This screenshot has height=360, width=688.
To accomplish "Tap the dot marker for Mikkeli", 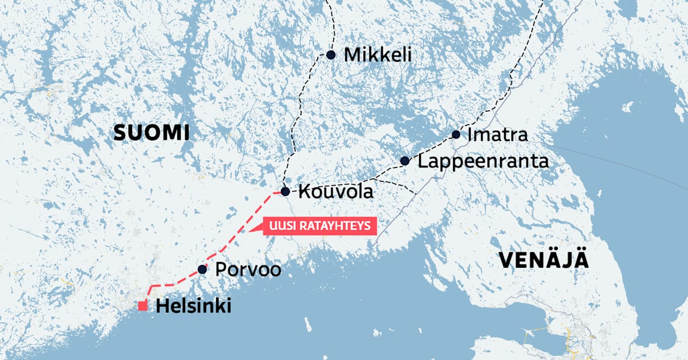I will click(x=331, y=54).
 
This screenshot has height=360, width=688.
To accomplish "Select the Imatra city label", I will click(x=497, y=135).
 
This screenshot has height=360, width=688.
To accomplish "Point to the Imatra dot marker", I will click(x=456, y=135).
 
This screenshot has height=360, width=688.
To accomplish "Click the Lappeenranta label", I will click(x=483, y=161).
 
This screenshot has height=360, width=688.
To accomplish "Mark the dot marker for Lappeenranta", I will click(x=405, y=161).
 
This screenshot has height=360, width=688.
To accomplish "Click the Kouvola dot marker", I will click(x=285, y=191).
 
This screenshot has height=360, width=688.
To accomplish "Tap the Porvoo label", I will click(x=248, y=269).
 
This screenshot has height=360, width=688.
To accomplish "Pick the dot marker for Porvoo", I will click(x=202, y=269).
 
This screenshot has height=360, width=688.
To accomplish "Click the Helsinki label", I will click(x=194, y=307).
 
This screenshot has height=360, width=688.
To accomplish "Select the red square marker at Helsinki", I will click(x=143, y=306).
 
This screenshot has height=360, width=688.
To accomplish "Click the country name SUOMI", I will click(x=151, y=133).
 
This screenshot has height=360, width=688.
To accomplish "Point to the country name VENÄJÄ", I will click(x=544, y=260).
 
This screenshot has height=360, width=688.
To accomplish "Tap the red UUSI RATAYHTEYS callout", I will click(x=320, y=227).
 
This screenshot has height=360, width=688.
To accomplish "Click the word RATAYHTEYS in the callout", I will click(x=333, y=227).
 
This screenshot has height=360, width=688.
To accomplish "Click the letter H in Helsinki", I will click(x=162, y=307).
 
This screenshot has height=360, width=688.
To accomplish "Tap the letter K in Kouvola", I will click(x=303, y=191).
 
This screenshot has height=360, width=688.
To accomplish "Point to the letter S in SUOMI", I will click(x=120, y=133).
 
